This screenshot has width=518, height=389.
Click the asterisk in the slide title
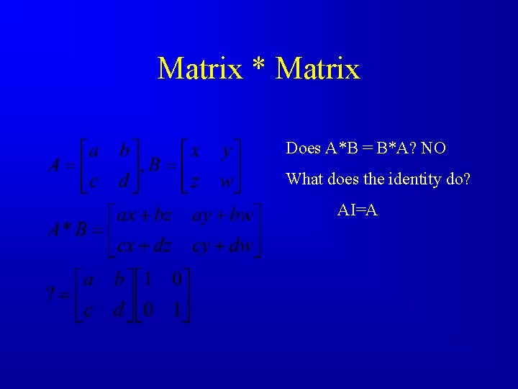259,66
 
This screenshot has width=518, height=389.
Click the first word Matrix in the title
200,69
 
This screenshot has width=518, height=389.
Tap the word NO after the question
434,148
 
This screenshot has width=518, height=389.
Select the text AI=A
358,210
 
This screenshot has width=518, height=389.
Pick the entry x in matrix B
195,152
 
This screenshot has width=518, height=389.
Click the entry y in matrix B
227,152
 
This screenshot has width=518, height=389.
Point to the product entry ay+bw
222,215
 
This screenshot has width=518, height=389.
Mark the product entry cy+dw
222,246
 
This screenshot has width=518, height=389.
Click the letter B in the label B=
155,166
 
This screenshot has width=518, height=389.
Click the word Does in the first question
303,148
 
